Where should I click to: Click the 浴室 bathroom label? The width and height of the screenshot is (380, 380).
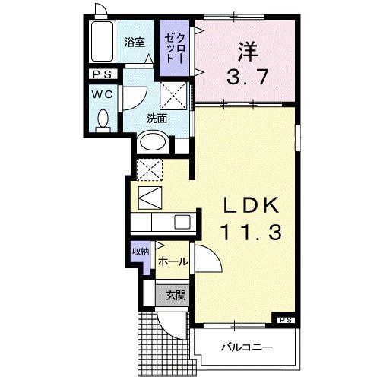pyautogui.click(x=135, y=43)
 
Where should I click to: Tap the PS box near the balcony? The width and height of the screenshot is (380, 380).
pyautogui.click(x=284, y=320)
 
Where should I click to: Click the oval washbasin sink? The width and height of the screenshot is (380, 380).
pyautogui.click(x=153, y=142)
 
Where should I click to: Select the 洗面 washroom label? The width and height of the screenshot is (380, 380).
pyautogui.click(x=157, y=119)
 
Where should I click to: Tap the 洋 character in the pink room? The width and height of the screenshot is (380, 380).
pyautogui.click(x=245, y=50)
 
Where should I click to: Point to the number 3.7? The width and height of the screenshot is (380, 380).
pyautogui.click(x=244, y=75)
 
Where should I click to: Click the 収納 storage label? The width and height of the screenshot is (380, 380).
pyautogui.click(x=140, y=252)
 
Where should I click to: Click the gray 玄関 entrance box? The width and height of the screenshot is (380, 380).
pyautogui.click(x=172, y=295)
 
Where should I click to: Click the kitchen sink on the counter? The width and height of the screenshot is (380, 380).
pyautogui.click(x=182, y=222)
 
